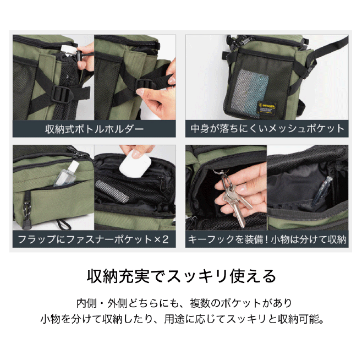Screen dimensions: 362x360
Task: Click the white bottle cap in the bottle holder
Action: [x=68, y=50]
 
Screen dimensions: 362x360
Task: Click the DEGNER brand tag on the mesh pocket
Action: [x=267, y=108]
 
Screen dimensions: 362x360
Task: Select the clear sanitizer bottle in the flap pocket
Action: [x=66, y=174]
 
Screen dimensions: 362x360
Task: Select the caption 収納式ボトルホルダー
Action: [x=94, y=129]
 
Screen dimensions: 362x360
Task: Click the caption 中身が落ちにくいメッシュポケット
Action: [x=267, y=129]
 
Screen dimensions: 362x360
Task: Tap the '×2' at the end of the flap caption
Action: [x=161, y=239]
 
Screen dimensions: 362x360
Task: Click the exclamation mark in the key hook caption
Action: [x=266, y=239]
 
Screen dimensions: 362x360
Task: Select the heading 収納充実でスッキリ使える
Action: [x=181, y=276]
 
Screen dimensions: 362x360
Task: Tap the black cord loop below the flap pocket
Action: [x=63, y=224]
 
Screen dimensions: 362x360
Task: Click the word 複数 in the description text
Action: [x=200, y=303]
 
